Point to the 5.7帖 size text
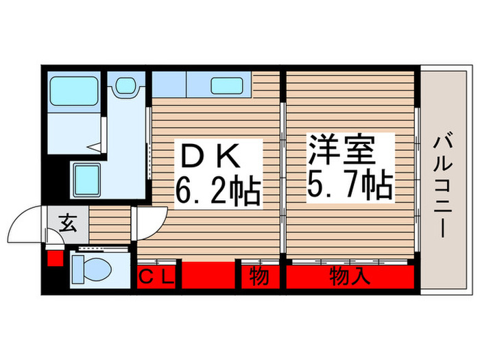pyautogui.click(x=350, y=182)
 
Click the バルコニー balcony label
pyautogui.click(x=440, y=185)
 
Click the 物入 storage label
pyautogui.click(x=350, y=277)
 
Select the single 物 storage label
pyautogui.click(x=258, y=277)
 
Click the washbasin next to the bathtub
pyautogui.click(x=125, y=86)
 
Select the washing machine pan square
pyautogui.click(x=86, y=180)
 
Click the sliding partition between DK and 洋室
pyautogui.click(x=283, y=171)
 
